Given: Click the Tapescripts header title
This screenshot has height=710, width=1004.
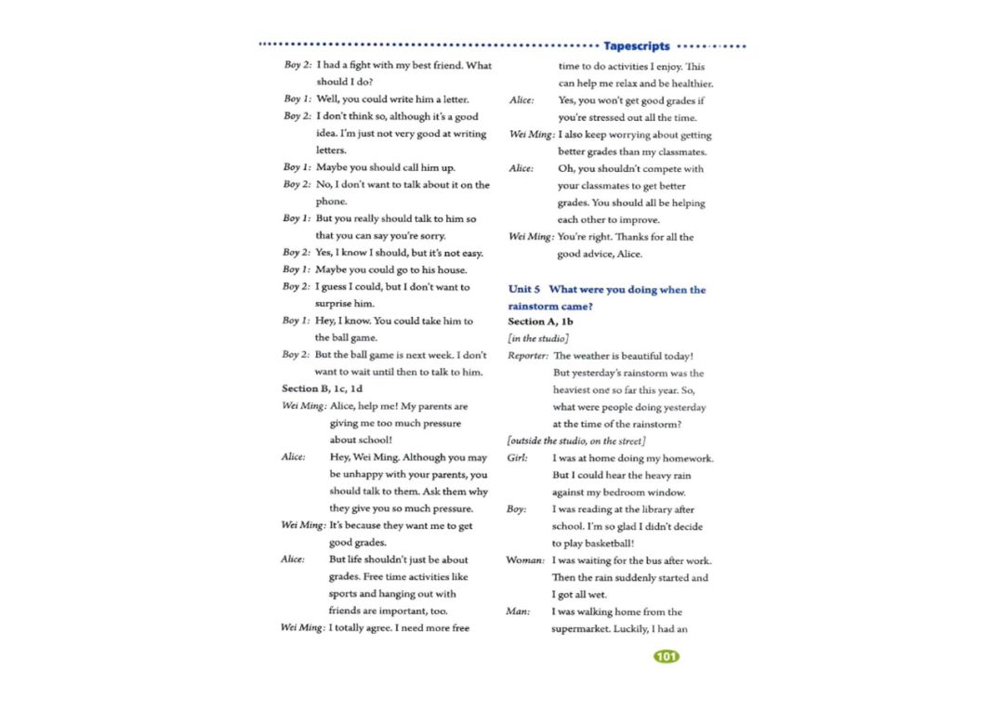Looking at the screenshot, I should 636,46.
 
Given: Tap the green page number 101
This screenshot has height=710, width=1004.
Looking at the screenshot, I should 667,657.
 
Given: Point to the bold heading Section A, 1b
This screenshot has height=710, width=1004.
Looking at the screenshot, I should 540,322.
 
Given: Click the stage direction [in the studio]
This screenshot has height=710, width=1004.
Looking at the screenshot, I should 538,338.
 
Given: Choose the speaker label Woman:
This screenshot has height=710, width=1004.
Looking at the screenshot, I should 525,560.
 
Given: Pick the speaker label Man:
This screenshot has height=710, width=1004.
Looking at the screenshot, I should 518,611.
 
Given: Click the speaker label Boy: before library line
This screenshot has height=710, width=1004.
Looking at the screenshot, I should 517,509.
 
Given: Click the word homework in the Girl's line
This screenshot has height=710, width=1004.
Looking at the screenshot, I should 686,458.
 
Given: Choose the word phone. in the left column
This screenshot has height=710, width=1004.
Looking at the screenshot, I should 331,202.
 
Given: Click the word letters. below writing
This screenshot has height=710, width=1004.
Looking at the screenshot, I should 331,150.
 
